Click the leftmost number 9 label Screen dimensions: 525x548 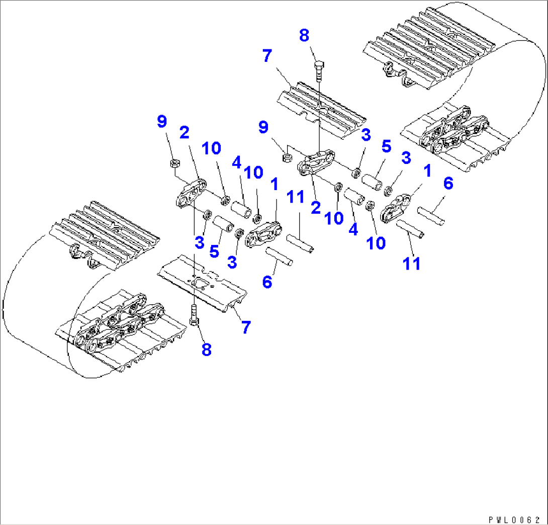click(x=161, y=122)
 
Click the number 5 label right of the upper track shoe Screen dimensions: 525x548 click(x=386, y=146)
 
